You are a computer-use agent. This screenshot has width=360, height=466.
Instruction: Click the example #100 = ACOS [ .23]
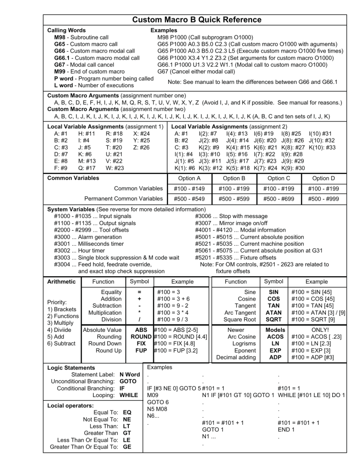pos(315,336)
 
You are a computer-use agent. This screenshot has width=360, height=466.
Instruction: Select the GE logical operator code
pos(127,447)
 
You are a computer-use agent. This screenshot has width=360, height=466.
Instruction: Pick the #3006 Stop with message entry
pos(226,217)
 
